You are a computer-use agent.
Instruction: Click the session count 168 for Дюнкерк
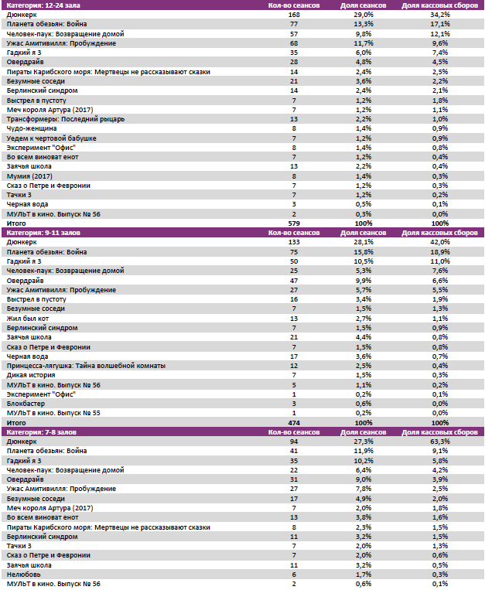pyautogui.click(x=293, y=15)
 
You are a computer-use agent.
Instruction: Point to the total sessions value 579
pyautogui.click(x=293, y=223)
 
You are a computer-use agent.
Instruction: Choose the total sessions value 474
pyautogui.click(x=293, y=423)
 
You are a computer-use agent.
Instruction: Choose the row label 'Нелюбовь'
pyautogui.click(x=22, y=575)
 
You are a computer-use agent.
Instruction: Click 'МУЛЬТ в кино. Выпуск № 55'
pyautogui.click(x=53, y=412)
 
